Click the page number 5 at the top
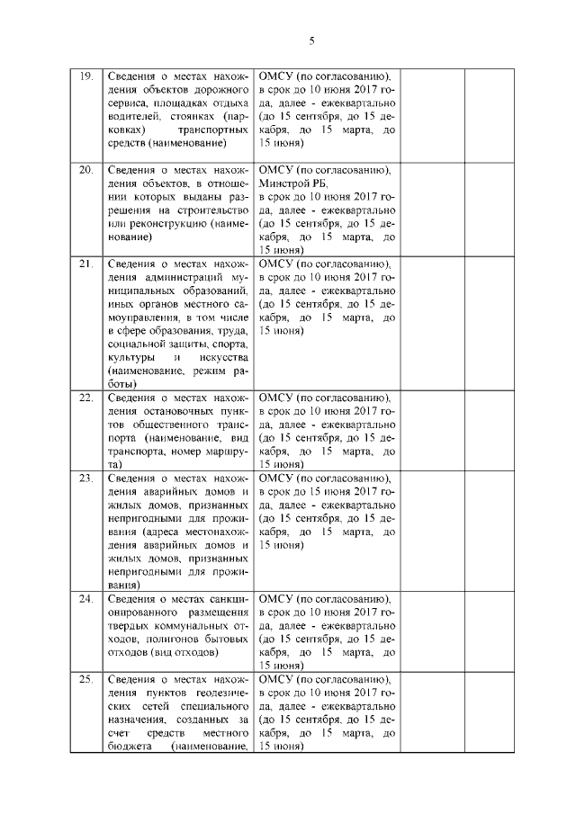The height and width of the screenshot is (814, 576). click(x=311, y=40)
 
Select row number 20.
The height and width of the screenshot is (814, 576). click(x=86, y=169)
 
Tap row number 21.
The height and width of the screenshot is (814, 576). click(x=86, y=264)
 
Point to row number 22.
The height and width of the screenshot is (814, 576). click(x=86, y=398)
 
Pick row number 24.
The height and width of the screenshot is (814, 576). click(x=86, y=598)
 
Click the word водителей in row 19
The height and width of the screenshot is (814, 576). click(x=133, y=115)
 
